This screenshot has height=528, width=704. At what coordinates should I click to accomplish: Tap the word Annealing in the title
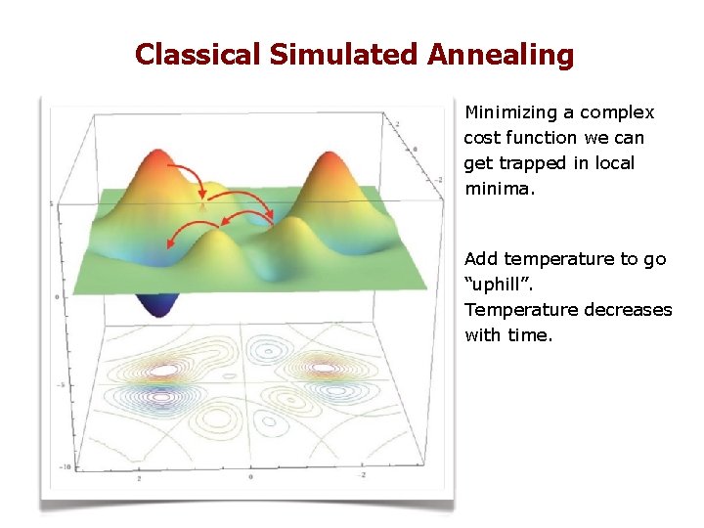pyautogui.click(x=500, y=55)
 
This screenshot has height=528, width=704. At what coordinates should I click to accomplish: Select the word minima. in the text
pyautogui.click(x=500, y=189)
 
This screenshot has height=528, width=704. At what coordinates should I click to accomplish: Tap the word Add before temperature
pyautogui.click(x=481, y=259)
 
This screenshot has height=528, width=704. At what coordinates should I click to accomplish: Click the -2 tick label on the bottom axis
pyautogui.click(x=364, y=473)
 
